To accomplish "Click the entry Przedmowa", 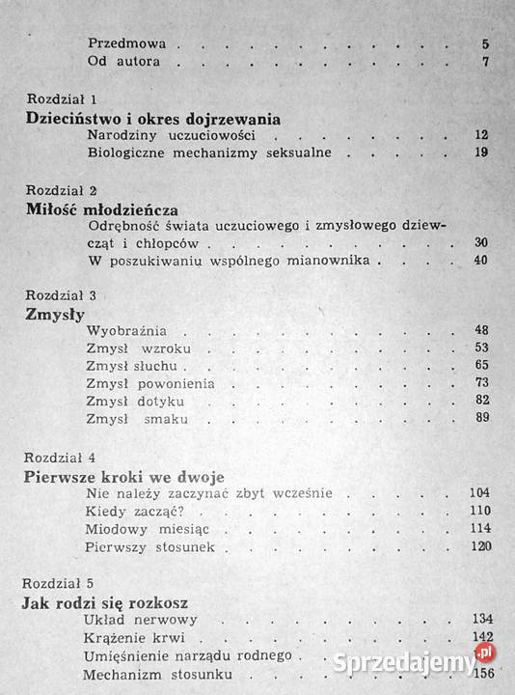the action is tap(127, 43).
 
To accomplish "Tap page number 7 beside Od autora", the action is tap(486, 63).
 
